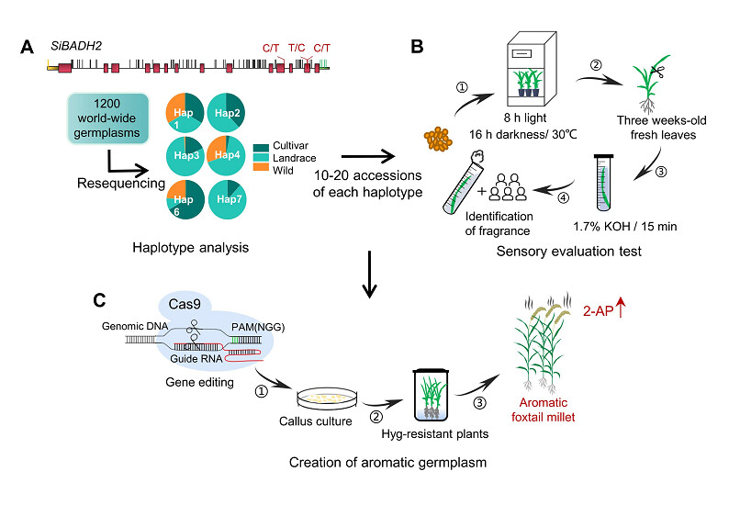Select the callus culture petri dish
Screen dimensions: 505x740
(x=321, y=397)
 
